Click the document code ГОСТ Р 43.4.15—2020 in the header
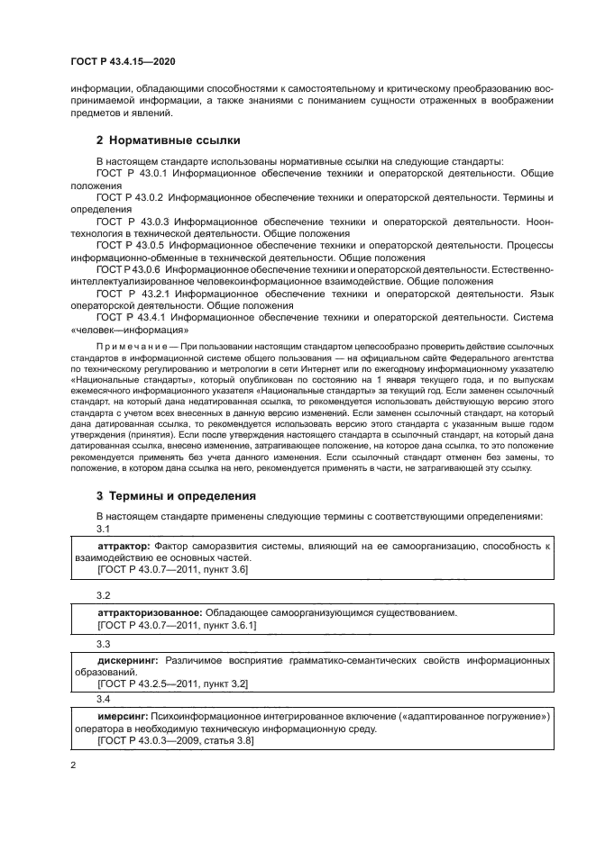tap(122, 61)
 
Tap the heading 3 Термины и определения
tap(176, 495)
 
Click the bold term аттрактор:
tap(124, 547)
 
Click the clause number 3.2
tap(104, 595)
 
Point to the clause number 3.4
tap(104, 699)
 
